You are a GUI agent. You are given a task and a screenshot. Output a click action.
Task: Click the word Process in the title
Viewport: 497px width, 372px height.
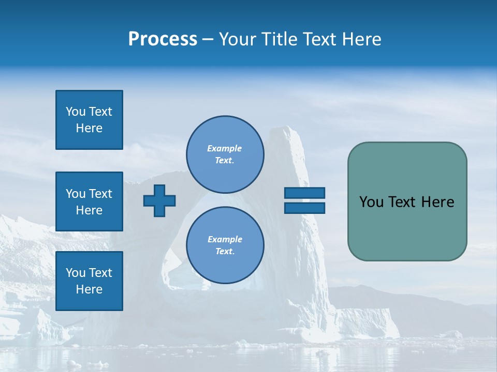(x=163, y=39)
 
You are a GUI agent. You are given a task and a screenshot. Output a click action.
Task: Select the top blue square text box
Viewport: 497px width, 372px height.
(x=89, y=120)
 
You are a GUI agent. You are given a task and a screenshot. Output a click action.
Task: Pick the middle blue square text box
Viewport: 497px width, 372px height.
(x=89, y=202)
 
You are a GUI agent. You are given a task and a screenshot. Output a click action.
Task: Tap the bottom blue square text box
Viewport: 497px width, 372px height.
(x=89, y=281)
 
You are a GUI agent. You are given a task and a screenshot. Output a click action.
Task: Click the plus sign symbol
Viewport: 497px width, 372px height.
(x=159, y=200)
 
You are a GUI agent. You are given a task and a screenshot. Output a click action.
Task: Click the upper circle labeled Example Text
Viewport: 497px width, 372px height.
(x=225, y=154)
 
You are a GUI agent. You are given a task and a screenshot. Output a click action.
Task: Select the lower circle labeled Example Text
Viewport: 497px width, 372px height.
(x=225, y=245)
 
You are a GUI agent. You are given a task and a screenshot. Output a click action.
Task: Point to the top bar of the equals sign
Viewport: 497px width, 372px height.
(x=304, y=193)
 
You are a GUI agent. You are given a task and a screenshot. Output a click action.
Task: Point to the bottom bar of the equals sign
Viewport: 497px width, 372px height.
(x=304, y=208)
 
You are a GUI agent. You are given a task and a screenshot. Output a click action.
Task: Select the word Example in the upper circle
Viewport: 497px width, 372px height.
(x=224, y=148)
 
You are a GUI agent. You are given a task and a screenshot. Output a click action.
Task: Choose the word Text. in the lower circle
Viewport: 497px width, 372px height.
(x=225, y=251)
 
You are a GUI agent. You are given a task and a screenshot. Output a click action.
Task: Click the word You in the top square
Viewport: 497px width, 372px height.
(x=76, y=112)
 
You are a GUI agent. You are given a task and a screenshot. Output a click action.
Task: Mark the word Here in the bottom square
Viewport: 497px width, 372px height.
(x=89, y=289)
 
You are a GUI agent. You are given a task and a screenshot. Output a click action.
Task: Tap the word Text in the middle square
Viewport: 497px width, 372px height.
(x=100, y=194)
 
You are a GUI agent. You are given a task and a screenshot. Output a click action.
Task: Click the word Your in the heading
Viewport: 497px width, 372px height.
(x=238, y=39)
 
